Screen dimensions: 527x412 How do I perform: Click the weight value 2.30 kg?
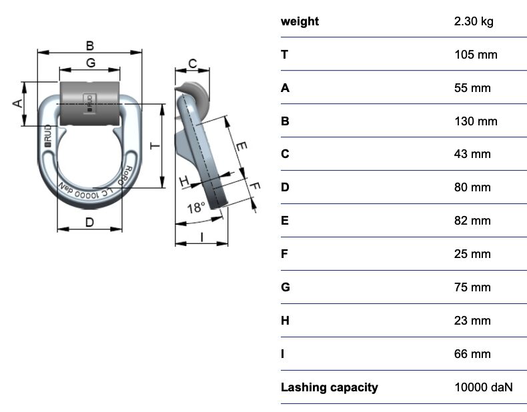click(474, 21)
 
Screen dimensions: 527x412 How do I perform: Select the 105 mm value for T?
click(476, 55)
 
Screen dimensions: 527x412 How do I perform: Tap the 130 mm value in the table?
click(476, 121)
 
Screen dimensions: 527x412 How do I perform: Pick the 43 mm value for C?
click(472, 154)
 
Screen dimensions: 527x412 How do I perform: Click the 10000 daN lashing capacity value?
click(484, 387)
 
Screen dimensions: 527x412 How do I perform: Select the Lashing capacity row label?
click(330, 387)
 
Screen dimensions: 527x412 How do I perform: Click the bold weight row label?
click(300, 21)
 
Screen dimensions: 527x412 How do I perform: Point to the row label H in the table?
click(285, 321)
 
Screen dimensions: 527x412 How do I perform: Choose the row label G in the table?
click(286, 287)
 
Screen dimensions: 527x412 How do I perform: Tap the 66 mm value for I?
click(472, 354)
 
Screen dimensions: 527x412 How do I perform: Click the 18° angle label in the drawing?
click(196, 208)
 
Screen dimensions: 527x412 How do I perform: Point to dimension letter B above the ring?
click(90, 45)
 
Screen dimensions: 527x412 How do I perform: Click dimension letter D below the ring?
click(90, 222)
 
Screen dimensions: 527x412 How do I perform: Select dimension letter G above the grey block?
click(91, 63)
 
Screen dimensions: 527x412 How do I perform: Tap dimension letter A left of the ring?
click(18, 103)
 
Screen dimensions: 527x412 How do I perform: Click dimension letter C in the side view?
click(193, 63)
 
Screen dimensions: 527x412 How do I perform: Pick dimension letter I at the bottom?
click(201, 237)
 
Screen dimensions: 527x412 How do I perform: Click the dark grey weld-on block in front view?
click(90, 103)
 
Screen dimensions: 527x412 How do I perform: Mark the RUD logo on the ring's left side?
click(48, 135)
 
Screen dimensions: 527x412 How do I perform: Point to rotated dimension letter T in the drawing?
click(155, 146)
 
